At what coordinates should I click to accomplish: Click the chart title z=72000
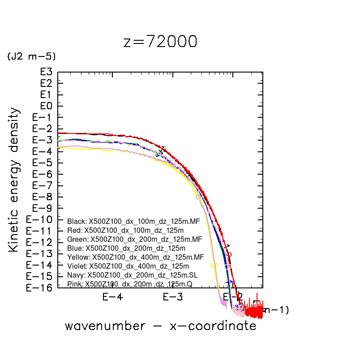click(160, 42)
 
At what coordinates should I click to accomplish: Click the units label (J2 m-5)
click(31, 56)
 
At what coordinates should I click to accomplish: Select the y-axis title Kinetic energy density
click(15, 179)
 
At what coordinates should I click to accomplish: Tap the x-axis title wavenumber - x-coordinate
click(160, 326)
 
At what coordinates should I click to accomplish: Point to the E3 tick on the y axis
click(47, 72)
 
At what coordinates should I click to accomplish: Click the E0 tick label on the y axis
click(47, 106)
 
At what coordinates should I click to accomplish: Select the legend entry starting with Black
click(133, 221)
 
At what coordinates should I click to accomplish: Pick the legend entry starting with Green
click(134, 239)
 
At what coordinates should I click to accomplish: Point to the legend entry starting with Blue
click(126, 248)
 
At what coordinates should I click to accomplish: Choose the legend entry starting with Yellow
click(135, 257)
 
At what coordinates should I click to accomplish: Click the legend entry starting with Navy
click(132, 275)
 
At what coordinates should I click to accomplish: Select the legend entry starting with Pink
click(130, 284)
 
